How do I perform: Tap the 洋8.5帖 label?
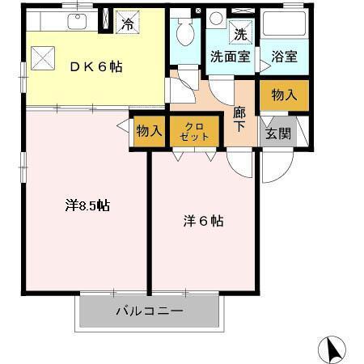(x=87, y=205)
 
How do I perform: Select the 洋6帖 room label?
(x=202, y=220)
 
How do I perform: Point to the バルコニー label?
(x=149, y=311)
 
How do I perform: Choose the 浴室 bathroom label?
(x=283, y=57)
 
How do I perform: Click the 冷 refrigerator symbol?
(x=128, y=23)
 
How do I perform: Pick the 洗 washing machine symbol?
(x=240, y=34)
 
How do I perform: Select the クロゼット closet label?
(x=196, y=132)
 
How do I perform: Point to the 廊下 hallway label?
(x=239, y=121)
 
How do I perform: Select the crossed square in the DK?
(x=41, y=57)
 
